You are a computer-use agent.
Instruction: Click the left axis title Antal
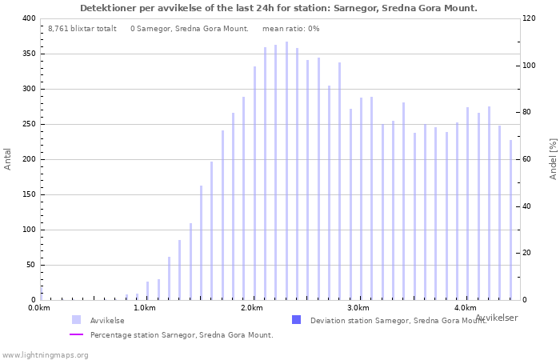click(x=8, y=158)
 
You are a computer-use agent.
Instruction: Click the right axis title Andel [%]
click(x=553, y=158)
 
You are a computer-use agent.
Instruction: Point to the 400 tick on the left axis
click(x=28, y=18)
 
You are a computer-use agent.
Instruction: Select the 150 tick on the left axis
click(x=28, y=194)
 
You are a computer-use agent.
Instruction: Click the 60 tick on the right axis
click(x=529, y=159)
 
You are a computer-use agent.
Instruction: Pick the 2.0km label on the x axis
click(x=252, y=308)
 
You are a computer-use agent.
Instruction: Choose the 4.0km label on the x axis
click(x=465, y=308)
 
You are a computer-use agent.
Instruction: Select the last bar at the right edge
click(x=510, y=220)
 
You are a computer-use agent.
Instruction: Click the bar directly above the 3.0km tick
click(x=361, y=200)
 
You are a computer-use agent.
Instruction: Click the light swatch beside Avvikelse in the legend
click(x=76, y=320)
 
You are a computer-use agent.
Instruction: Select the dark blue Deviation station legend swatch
click(x=297, y=320)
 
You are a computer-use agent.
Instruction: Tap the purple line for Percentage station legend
click(x=76, y=334)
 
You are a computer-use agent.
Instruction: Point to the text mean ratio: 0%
click(x=290, y=28)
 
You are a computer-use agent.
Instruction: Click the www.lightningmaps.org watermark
click(x=46, y=354)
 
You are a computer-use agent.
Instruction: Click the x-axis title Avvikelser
click(x=496, y=318)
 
